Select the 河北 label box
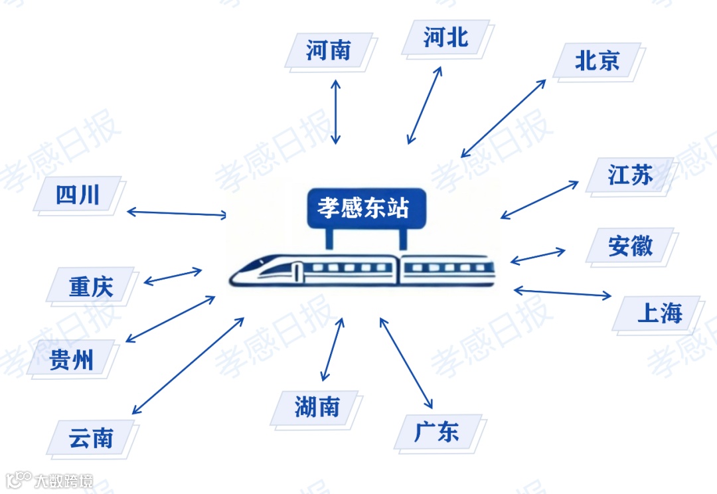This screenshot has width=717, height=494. [446, 37]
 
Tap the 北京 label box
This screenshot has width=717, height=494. [597, 61]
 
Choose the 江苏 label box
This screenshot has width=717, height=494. [630, 176]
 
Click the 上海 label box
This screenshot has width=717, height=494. [659, 313]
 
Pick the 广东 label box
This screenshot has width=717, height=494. [437, 432]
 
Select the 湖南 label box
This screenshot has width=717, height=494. [317, 407]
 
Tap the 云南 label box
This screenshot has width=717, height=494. [91, 438]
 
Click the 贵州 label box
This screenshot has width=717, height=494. [72, 359]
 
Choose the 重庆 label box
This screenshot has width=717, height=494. [91, 286]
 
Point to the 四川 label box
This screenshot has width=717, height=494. [78, 195]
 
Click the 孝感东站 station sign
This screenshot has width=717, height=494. [363, 208]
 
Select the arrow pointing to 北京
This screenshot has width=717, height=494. [504, 118]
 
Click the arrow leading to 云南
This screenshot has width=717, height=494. [188, 366]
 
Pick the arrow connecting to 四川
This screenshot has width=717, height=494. [177, 213]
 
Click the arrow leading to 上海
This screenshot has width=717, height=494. [562, 293]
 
